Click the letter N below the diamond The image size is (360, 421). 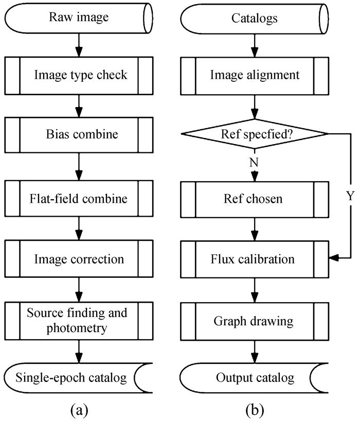pyautogui.click(x=254, y=162)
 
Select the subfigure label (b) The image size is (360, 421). pyautogui.click(x=255, y=410)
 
